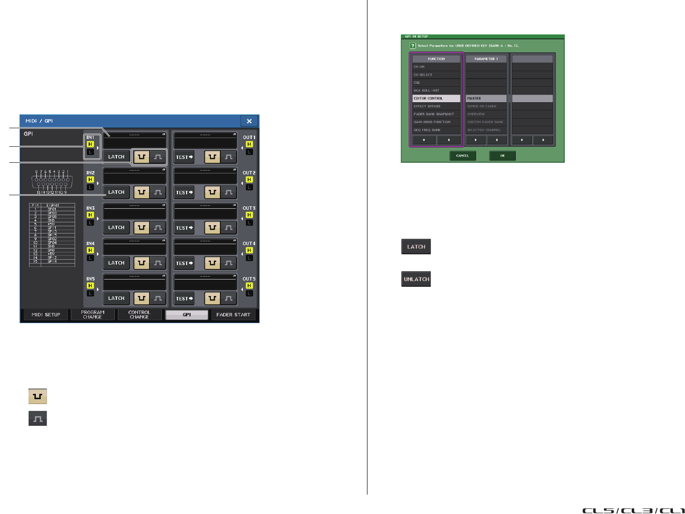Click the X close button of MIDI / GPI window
249,121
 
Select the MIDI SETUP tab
46,315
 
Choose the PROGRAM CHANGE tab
93,315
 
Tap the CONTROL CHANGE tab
139,315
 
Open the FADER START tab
233,315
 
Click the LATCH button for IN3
116,228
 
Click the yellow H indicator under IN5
90,286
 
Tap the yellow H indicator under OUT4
249,250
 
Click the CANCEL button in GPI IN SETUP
462,156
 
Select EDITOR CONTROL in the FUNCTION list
436,98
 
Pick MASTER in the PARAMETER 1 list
486,98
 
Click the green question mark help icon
413,46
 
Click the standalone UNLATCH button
416,280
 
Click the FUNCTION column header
436,59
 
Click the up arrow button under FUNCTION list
424,140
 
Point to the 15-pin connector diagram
51,182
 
